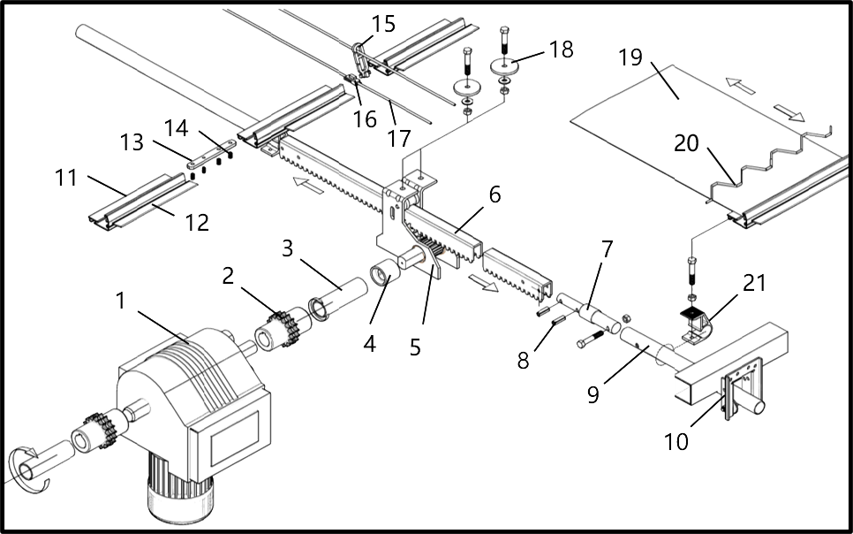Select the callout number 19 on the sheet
pos(630,59)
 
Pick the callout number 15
pos(383,24)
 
